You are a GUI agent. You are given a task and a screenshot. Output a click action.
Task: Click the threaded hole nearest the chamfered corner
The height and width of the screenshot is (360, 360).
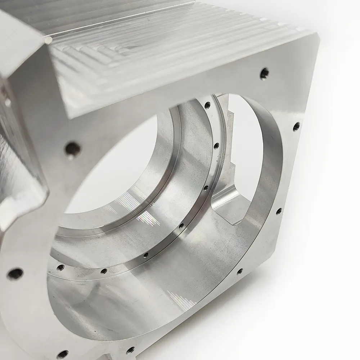[x=265, y=73]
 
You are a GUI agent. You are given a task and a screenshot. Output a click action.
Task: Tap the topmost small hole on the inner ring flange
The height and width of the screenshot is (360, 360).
[x=207, y=105]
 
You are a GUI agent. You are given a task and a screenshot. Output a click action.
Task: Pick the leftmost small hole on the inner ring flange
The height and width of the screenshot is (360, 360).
[x=60, y=267]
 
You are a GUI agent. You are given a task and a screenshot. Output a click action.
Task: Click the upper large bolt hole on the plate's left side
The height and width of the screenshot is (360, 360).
[x=72, y=148]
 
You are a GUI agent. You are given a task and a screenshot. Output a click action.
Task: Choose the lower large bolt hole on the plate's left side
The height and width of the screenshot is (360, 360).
[x=15, y=273]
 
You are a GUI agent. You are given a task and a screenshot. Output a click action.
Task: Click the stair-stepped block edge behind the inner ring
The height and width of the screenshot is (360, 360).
[x=230, y=144]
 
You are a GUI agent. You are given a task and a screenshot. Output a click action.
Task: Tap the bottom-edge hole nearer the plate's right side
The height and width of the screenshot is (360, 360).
[x=130, y=350]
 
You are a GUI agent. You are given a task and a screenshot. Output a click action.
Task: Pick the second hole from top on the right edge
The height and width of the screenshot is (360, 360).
[x=296, y=126]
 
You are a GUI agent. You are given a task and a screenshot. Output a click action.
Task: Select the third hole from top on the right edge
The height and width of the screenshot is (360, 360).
[x=279, y=211]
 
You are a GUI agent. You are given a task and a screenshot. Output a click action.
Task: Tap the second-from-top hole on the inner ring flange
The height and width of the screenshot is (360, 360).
[x=216, y=146]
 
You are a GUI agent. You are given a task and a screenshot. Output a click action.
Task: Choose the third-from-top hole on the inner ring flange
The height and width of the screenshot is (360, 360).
[x=206, y=188]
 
